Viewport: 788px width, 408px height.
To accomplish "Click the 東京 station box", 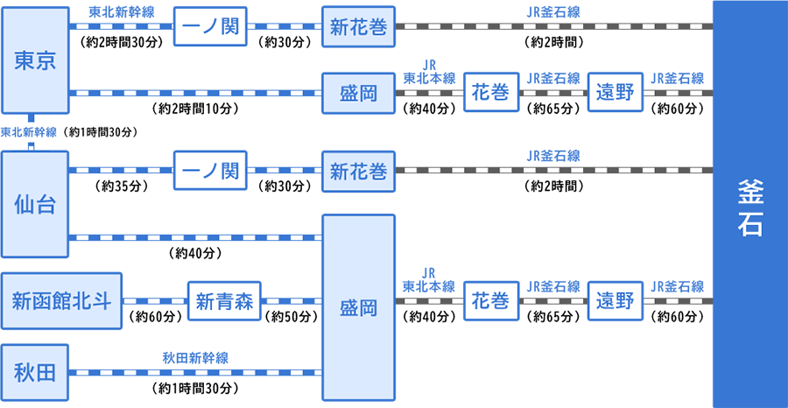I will (35, 60).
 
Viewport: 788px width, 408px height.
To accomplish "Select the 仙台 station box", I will (35, 206).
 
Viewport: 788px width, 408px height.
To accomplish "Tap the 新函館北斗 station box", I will (61, 302).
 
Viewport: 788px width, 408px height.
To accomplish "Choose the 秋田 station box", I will (35, 372).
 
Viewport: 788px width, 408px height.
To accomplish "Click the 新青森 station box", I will (224, 302).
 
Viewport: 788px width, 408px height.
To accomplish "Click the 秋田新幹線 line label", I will (196, 357).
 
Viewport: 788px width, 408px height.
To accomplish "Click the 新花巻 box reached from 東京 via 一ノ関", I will (358, 26).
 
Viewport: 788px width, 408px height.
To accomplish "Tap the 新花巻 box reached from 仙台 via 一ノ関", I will (358, 172).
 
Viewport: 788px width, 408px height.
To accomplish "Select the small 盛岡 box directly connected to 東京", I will (358, 93).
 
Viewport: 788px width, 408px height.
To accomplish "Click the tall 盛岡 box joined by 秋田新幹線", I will (358, 307).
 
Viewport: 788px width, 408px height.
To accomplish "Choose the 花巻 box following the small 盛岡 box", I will (490, 93).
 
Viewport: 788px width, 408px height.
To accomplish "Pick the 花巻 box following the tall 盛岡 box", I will (490, 301).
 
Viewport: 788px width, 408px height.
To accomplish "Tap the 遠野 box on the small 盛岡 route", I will (618, 93).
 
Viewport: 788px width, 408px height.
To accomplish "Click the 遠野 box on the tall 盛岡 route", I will (618, 301).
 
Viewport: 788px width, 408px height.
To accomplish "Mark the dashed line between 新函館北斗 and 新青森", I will (154, 302).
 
